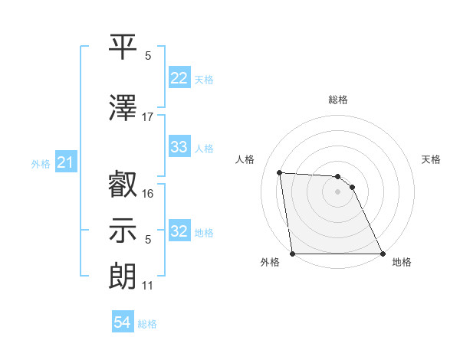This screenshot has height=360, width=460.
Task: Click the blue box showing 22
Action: [179, 78]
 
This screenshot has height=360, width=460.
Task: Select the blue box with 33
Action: [179, 147]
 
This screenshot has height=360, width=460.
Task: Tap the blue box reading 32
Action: [179, 231]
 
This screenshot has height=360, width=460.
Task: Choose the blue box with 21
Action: [65, 163]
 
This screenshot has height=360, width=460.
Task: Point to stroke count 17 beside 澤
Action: [148, 117]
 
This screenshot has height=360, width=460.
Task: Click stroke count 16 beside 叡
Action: [148, 194]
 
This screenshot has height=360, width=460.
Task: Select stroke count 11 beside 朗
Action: [148, 286]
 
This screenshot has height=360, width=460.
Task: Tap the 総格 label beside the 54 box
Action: [147, 324]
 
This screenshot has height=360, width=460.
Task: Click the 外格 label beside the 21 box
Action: [41, 164]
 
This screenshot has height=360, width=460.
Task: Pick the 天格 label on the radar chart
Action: [432, 159]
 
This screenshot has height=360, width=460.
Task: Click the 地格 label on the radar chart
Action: [402, 262]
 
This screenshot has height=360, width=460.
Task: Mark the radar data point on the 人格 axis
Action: [280, 172]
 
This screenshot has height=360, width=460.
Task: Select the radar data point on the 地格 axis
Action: [383, 254]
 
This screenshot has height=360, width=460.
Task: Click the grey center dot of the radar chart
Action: [338, 191]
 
